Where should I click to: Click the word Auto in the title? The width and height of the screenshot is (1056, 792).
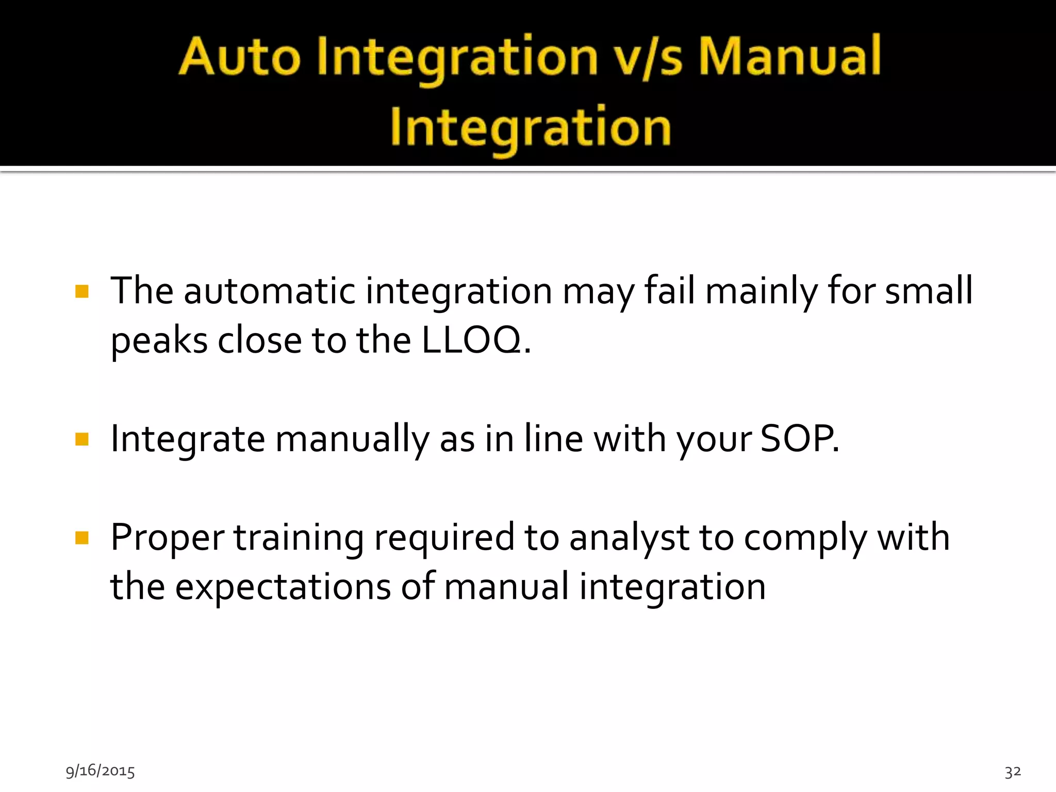click(x=239, y=57)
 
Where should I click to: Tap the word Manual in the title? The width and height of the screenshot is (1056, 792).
click(x=789, y=57)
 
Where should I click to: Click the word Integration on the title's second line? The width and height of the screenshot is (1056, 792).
click(x=531, y=127)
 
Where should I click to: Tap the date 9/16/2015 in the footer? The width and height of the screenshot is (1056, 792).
click(x=100, y=771)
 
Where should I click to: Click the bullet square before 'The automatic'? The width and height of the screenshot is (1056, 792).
click(x=82, y=292)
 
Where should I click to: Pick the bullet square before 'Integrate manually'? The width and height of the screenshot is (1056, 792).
click(x=82, y=439)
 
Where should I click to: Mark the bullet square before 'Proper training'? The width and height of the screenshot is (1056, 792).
click(x=82, y=538)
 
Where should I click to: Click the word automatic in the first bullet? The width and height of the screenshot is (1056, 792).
click(x=269, y=291)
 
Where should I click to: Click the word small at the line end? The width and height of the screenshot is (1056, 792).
click(x=929, y=291)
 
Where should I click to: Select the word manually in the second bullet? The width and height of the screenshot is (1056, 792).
click(x=352, y=439)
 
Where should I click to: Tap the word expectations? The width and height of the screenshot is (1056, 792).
click(x=283, y=587)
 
